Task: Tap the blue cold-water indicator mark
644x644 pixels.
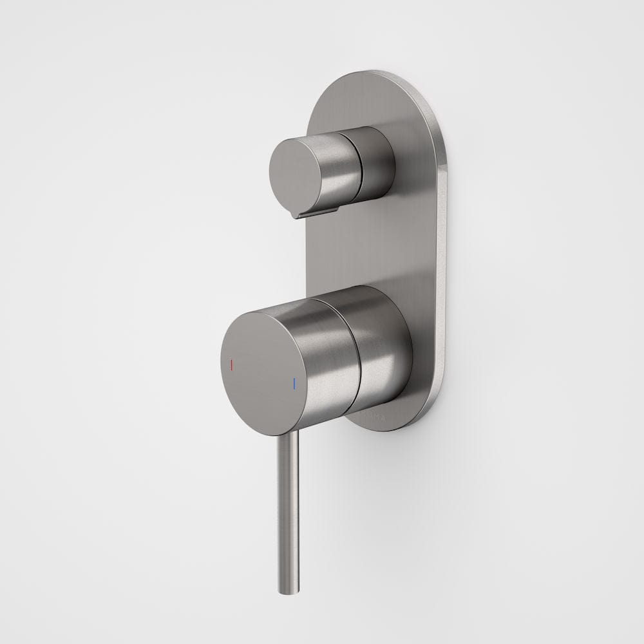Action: tap(294, 384)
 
